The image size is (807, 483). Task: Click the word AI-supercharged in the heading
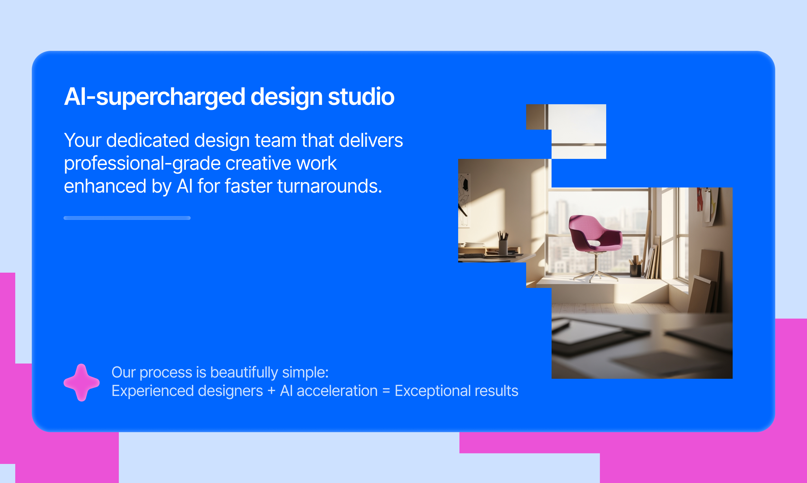coord(154,97)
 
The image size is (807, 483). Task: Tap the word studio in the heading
coord(361,96)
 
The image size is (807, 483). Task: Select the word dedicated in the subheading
coord(148,140)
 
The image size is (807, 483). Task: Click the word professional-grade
coord(142,163)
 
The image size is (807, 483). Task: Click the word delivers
coord(371,140)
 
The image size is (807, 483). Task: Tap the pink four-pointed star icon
coord(81,383)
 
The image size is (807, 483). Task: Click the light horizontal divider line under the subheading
coord(127,218)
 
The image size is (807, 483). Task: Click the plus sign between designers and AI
coord(271,391)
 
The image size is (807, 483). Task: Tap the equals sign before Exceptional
coord(386,391)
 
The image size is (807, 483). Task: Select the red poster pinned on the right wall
coord(700,200)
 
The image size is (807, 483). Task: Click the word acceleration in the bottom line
coord(337,391)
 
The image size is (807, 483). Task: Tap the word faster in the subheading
coord(248,186)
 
